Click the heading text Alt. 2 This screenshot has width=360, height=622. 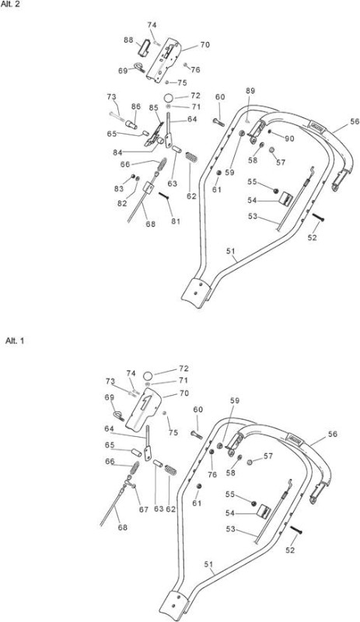pos(10,6)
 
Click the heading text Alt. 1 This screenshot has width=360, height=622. pos(15,341)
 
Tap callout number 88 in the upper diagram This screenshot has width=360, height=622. pos(128,40)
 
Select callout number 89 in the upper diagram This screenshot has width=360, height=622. pos(250,91)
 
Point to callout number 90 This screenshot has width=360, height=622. pos(289,138)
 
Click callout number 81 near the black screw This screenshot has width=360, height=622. pos(176,222)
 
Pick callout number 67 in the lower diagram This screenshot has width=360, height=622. pos(144,509)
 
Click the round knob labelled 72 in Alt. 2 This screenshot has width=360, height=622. pos(169,98)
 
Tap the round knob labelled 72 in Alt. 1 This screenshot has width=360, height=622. pos(148,376)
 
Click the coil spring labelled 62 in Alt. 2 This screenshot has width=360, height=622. pos(192,156)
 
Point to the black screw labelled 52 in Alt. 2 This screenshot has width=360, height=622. pos(318,218)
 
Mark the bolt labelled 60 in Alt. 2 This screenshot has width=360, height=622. pos(218,123)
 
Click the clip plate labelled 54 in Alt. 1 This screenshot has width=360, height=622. pos(263,512)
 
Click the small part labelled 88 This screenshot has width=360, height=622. pos(143,48)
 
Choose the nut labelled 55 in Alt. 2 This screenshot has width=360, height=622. pos(276,191)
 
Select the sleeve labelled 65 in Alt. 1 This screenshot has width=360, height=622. pos(137,453)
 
